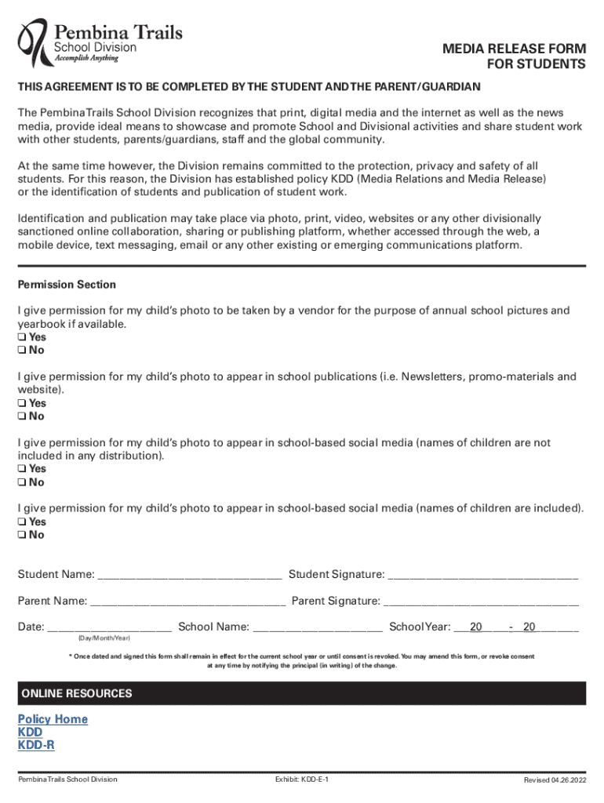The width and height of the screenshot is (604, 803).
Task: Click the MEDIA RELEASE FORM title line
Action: pyautogui.click(x=514, y=49)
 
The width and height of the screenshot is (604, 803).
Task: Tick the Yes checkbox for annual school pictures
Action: pyautogui.click(x=22, y=338)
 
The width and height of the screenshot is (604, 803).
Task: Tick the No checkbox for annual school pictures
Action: pyautogui.click(x=22, y=351)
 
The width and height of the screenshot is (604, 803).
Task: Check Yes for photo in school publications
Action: pyautogui.click(x=22, y=404)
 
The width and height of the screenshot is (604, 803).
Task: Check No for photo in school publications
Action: pyautogui.click(x=22, y=416)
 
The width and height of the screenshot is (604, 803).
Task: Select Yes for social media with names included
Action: pyautogui.click(x=22, y=522)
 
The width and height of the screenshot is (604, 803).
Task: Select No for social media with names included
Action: pyautogui.click(x=22, y=536)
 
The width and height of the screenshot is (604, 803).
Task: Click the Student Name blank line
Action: pyautogui.click(x=189, y=576)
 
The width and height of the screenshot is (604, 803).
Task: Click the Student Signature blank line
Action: pyautogui.click(x=483, y=576)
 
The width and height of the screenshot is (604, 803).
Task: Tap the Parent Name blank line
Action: pyautogui.click(x=187, y=603)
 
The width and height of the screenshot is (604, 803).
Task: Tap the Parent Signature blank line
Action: pyautogui.click(x=481, y=603)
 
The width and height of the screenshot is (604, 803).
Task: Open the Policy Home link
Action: pyautogui.click(x=53, y=719)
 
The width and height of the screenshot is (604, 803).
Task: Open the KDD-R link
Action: pyautogui.click(x=36, y=746)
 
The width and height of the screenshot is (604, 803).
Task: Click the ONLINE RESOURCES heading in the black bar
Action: pyautogui.click(x=77, y=694)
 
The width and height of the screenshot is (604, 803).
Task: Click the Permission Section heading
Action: pyautogui.click(x=67, y=285)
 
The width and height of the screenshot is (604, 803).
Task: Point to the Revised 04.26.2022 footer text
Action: pyautogui.click(x=555, y=779)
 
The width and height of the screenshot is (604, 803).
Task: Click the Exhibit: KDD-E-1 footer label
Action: pyautogui.click(x=302, y=779)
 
